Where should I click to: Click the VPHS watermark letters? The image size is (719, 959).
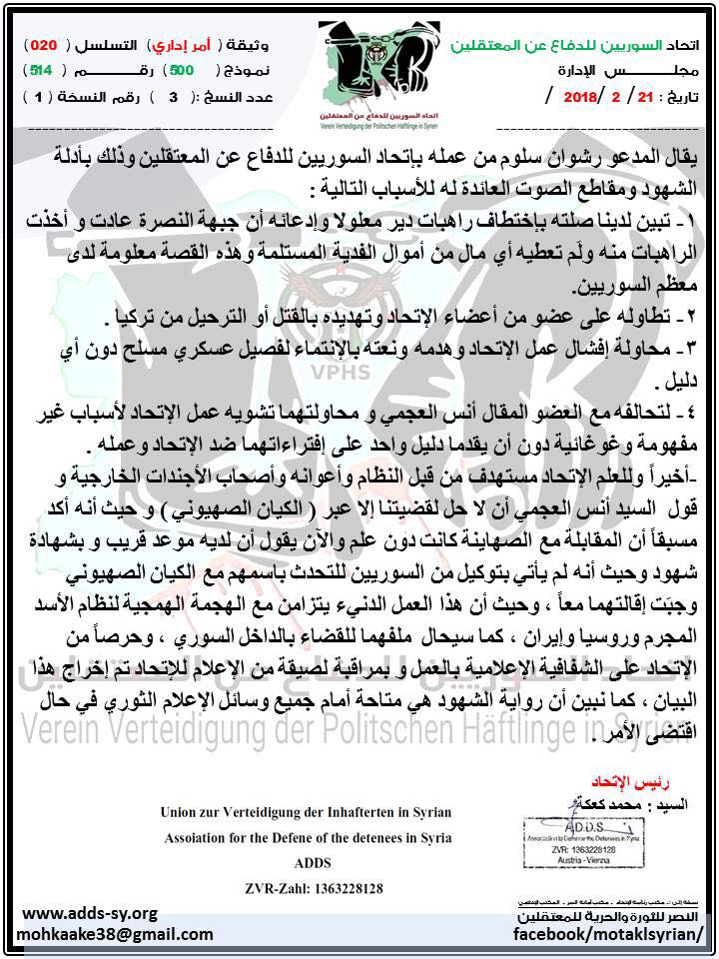pos(340,373)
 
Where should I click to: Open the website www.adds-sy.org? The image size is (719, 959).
pos(90,913)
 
